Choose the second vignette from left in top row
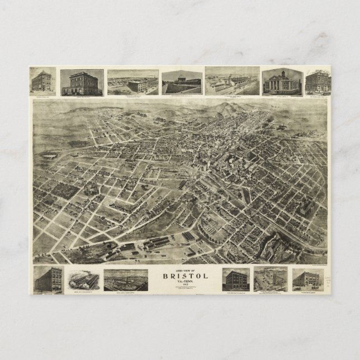click(x=82, y=82)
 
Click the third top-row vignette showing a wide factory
click(x=132, y=82)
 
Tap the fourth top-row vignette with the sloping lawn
click(x=182, y=82)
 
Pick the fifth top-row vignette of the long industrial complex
click(x=232, y=82)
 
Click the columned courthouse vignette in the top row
click(x=282, y=82)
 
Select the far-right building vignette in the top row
click(x=317, y=82)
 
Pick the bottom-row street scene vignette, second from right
click(x=270, y=278)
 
